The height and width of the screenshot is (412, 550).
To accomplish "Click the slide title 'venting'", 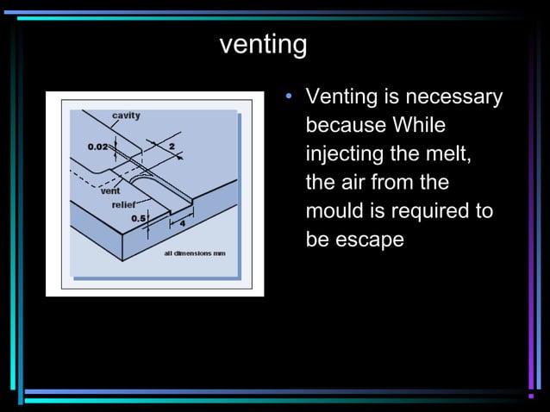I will click(x=263, y=44).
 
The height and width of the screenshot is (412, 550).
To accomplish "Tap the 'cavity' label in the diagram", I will click(x=126, y=115).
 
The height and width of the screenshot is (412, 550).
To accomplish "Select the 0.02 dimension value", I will click(x=97, y=147).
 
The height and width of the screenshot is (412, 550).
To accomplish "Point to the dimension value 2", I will click(x=172, y=147).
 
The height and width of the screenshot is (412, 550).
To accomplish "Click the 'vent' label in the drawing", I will click(x=110, y=191).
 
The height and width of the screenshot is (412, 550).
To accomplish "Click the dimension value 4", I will click(x=182, y=223).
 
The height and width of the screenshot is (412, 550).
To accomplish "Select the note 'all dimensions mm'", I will click(x=195, y=253).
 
